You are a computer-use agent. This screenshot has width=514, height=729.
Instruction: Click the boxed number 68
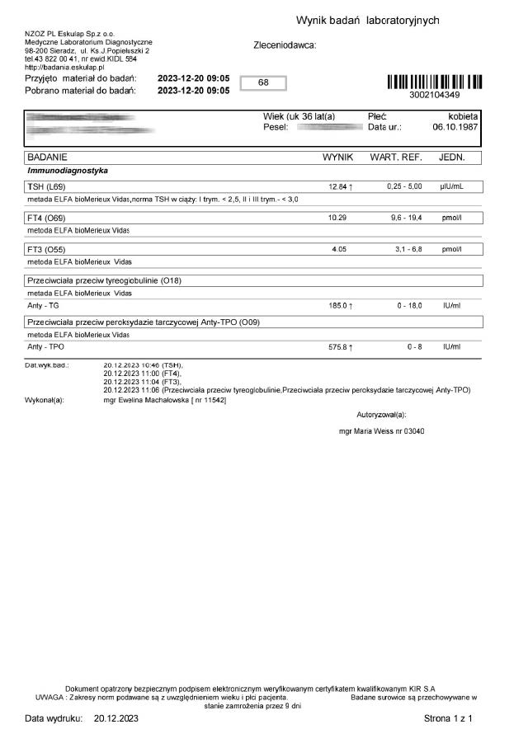(263, 83)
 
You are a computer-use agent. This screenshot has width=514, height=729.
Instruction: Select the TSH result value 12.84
(338, 187)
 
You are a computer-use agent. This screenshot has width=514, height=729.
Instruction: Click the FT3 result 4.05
(338, 249)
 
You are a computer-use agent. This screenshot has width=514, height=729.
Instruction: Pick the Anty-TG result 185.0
(338, 306)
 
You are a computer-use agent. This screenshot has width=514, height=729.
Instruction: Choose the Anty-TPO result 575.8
(338, 347)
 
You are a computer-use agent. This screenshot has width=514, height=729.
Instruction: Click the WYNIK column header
(337, 157)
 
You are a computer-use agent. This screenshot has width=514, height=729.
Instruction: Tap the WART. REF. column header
(397, 157)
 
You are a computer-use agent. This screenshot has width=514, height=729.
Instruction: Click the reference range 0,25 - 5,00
(404, 187)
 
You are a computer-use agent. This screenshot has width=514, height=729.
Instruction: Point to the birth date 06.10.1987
(455, 129)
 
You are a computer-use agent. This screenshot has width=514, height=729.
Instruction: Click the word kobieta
(462, 117)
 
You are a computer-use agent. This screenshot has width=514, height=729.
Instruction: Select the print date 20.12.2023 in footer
(116, 719)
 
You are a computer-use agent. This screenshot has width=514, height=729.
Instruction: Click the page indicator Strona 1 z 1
(448, 719)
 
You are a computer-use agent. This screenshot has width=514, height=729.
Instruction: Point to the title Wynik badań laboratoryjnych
(367, 21)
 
